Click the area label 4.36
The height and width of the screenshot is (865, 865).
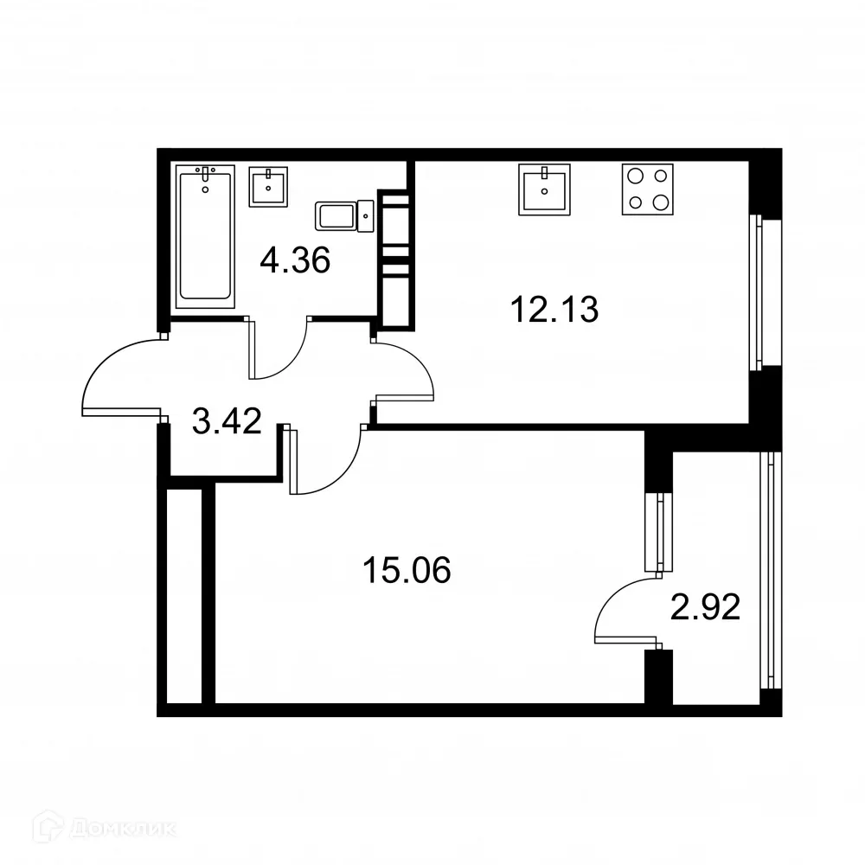pyautogui.click(x=295, y=259)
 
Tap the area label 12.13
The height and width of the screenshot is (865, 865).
pyautogui.click(x=555, y=309)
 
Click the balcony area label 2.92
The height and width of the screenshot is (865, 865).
pyautogui.click(x=705, y=609)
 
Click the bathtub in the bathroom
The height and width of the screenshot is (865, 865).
pyautogui.click(x=205, y=234)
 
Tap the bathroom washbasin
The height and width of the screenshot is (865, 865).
pyautogui.click(x=268, y=186)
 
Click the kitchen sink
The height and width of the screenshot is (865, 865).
pyautogui.click(x=545, y=189)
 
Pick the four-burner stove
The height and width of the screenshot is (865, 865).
pyautogui.click(x=648, y=189)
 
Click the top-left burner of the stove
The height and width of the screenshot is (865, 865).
pyautogui.click(x=637, y=176)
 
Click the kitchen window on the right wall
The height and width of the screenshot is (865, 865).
pyautogui.click(x=759, y=292)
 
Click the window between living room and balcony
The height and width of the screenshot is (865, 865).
pyautogui.click(x=659, y=533)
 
